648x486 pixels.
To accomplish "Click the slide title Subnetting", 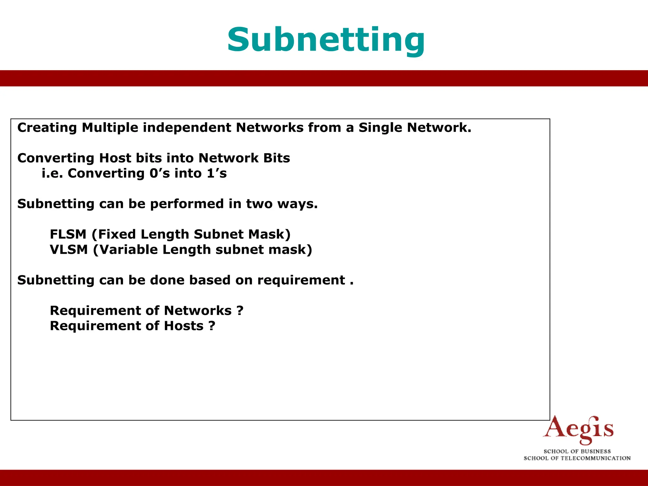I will [x=326, y=40].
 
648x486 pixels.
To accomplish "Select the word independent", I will [x=187, y=128].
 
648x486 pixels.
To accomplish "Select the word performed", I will [x=187, y=204].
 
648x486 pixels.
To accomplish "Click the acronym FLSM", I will [x=68, y=234].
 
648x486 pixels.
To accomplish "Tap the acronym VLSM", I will [x=69, y=250].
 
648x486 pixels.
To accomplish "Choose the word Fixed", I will [x=117, y=234].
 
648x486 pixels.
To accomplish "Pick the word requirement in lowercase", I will [x=301, y=280].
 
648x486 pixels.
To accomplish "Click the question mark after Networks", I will [x=240, y=311].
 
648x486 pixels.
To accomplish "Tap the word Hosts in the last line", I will [x=184, y=326].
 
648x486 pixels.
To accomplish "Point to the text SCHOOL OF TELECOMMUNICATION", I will [x=577, y=458].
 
